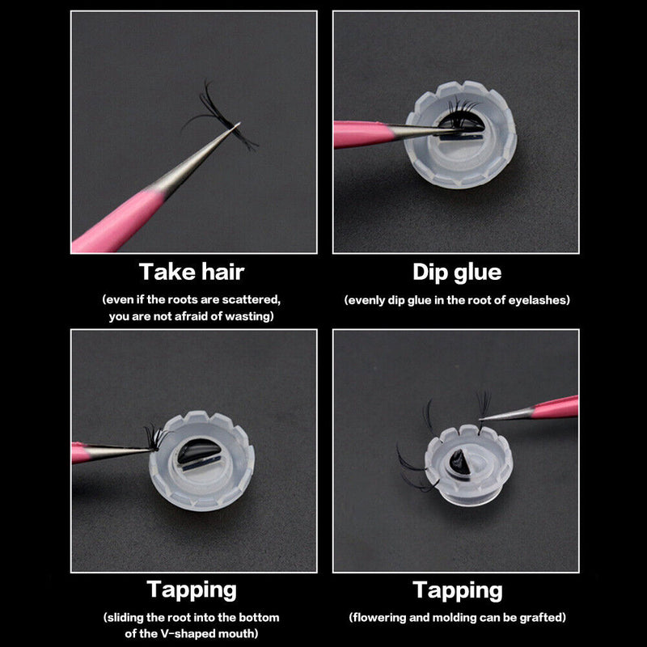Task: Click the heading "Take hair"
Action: pos(192,272)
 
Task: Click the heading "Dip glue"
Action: pos(457,273)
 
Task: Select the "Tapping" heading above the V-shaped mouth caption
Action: pos(192,590)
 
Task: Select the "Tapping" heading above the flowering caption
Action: pos(458,590)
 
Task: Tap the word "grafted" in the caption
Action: pos(543,617)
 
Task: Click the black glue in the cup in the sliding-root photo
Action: pos(197,451)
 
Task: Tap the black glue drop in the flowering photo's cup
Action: pos(459,462)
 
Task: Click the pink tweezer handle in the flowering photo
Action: pos(554,407)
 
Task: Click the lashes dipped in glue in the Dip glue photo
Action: pos(461,116)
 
